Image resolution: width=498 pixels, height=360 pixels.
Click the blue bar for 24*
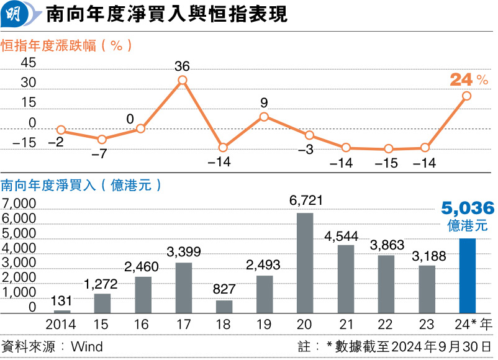click(467, 276)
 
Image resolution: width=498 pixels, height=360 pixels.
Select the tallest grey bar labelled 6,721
click(305, 263)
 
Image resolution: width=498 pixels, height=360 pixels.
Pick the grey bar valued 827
click(224, 307)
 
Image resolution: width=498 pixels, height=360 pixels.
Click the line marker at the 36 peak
click(183, 80)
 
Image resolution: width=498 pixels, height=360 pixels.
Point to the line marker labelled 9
click(264, 117)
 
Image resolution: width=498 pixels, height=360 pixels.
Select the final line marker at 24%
click(467, 96)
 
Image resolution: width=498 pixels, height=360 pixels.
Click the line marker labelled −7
click(102, 139)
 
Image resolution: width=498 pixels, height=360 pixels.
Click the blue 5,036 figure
click(468, 208)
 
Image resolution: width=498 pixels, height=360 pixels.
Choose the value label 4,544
click(345, 235)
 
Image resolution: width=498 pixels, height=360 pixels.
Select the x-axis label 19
click(264, 325)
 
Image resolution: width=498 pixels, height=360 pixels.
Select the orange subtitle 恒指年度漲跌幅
click(47, 45)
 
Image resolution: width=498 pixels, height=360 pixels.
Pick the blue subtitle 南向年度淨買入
click(47, 185)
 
